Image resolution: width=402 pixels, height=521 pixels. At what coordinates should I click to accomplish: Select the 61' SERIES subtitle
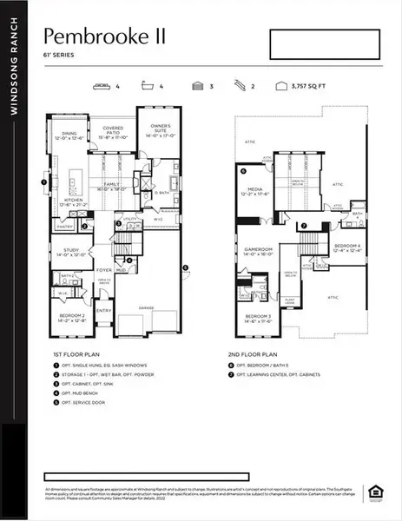coord(57,55)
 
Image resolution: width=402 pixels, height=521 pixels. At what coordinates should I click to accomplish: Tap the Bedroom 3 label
coord(260,318)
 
